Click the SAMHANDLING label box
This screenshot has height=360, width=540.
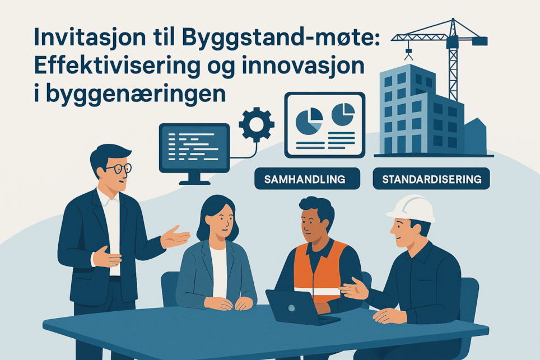pyautogui.click(x=307, y=179)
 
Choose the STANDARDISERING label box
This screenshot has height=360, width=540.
pyautogui.click(x=431, y=179)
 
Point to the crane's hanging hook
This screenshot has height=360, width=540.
pyautogui.click(x=408, y=53)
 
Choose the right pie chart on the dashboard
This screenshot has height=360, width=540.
pyautogui.click(x=343, y=115)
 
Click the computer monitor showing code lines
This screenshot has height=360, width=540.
pyautogui.click(x=194, y=148)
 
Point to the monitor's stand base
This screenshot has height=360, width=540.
pyautogui.click(x=194, y=181)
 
